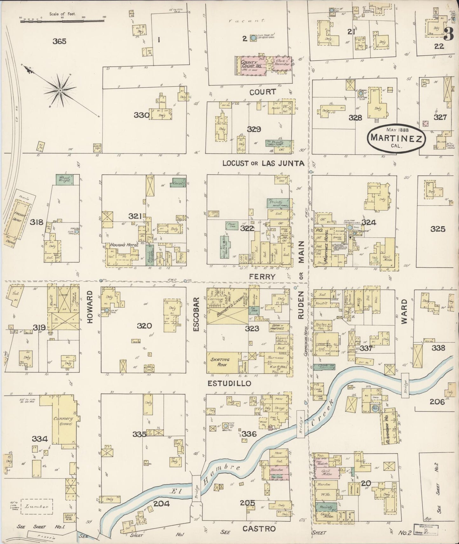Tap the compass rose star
(x=60, y=91)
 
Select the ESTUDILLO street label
(x=225, y=383)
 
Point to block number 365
(x=59, y=41)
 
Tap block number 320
(x=145, y=326)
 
